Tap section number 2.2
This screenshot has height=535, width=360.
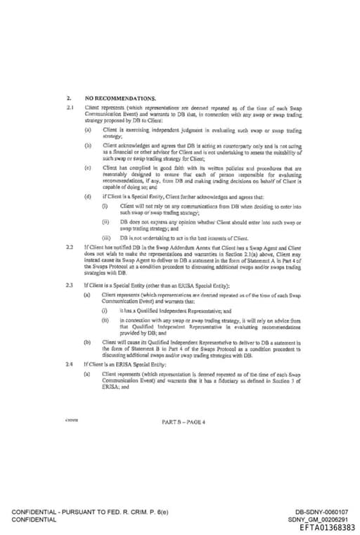tap(70, 248)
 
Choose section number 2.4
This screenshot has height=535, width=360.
tap(70, 365)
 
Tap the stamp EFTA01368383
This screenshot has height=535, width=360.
tap(327, 527)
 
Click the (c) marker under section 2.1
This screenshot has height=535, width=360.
tap(88, 167)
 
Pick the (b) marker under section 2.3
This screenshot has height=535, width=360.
tap(88, 341)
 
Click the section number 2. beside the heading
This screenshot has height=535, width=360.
tap(68, 98)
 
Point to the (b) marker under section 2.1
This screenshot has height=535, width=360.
tap(88, 146)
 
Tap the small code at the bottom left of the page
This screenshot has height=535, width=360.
tap(71, 420)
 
